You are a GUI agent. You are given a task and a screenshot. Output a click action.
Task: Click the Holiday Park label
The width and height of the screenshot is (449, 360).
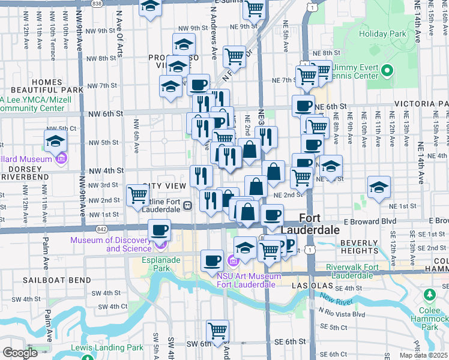(382, 34)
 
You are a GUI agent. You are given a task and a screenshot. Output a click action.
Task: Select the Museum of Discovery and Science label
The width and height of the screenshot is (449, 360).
(111, 244)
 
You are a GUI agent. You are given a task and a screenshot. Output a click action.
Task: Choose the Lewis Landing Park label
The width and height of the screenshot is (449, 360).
(107, 347)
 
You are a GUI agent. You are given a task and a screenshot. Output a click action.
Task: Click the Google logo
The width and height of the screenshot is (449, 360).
(20, 353)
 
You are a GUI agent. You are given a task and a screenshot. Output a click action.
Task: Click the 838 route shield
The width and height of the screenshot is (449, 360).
(97, 3)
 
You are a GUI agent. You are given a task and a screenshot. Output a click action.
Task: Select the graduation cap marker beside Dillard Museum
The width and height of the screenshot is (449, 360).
(55, 142)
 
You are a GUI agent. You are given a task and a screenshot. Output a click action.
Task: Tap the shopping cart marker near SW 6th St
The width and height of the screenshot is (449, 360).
(217, 331)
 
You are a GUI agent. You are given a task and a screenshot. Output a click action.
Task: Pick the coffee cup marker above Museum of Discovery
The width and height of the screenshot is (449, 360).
(160, 230)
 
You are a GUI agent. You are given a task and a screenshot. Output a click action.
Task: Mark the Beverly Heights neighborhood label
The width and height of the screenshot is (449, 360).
(359, 247)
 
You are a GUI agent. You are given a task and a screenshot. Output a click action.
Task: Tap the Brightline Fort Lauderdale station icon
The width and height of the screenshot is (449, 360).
(188, 206)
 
